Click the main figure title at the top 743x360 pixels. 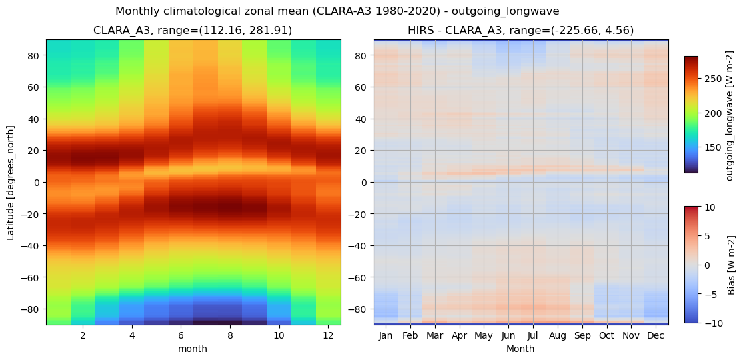337,11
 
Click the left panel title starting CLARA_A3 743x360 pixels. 193,31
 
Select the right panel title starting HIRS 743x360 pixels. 520,31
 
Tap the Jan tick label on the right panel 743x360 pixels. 386,335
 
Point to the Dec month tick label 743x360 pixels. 656,335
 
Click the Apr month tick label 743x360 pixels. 460,335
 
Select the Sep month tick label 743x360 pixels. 582,335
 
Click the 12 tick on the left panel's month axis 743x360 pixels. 329,335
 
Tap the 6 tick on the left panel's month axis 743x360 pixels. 181,335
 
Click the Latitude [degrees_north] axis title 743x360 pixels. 11,182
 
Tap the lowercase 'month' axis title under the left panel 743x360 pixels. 193,349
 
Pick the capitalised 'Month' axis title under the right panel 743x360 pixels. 520,349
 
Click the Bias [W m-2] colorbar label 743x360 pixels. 731,265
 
